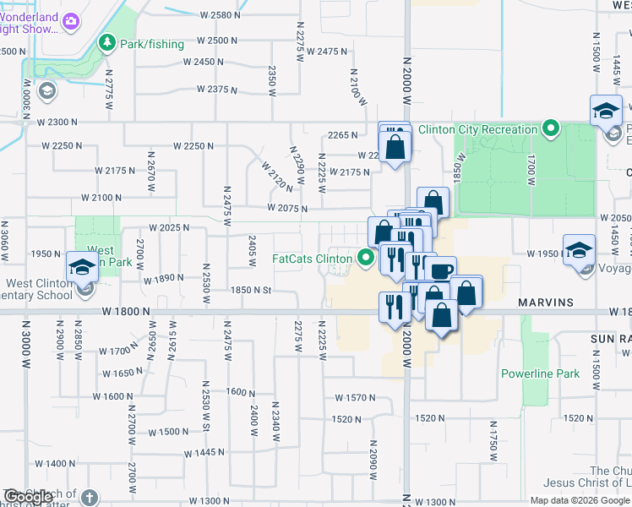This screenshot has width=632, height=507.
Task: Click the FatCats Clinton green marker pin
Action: click(366, 259)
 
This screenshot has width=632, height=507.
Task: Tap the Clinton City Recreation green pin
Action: click(551, 129)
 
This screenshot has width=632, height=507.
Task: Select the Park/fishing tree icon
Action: click(107, 43)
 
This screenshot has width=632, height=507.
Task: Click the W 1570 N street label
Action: click(355, 397)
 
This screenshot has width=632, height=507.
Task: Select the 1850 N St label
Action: click(251, 291)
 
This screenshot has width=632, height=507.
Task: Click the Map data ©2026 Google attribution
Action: click(580, 500)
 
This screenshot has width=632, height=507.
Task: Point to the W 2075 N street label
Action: click(286, 208)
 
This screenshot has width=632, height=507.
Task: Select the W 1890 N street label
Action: click(164, 279)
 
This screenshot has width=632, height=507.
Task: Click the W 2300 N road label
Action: click(58, 123)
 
